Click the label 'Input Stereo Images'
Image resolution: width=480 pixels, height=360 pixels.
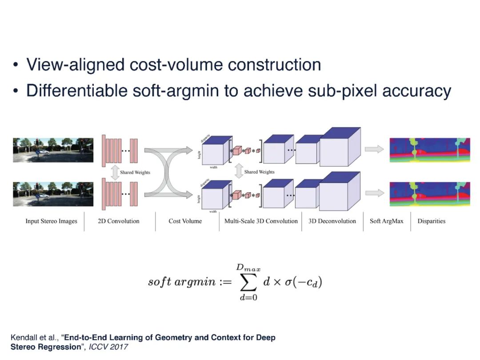coord(51,221)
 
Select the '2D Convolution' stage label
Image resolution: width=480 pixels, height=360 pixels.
coord(118,221)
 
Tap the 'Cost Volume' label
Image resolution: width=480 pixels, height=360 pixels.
coord(185,221)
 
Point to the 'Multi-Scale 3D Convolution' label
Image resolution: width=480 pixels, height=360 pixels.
coord(261,221)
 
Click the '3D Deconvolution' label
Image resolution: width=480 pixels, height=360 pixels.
coord(332,221)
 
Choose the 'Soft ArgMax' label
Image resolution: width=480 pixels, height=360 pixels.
coord(386,221)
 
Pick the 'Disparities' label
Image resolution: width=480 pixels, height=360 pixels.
coord(431,221)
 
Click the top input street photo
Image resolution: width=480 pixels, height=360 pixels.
coord(53,150)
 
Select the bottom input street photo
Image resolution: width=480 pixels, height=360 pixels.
coord(53,193)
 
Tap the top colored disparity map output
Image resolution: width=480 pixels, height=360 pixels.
coord(429,150)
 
